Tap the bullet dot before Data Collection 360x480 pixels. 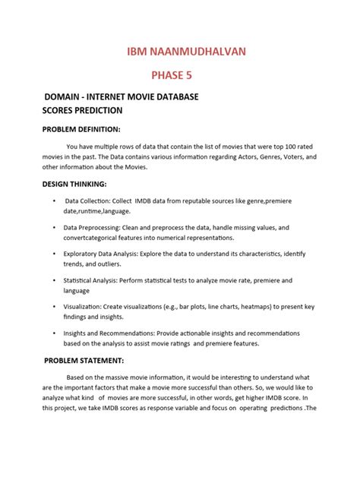(x=54, y=200)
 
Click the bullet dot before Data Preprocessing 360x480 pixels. (x=54, y=227)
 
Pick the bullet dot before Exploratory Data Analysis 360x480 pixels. (x=54, y=254)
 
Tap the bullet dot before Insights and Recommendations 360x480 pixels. (x=54, y=333)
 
